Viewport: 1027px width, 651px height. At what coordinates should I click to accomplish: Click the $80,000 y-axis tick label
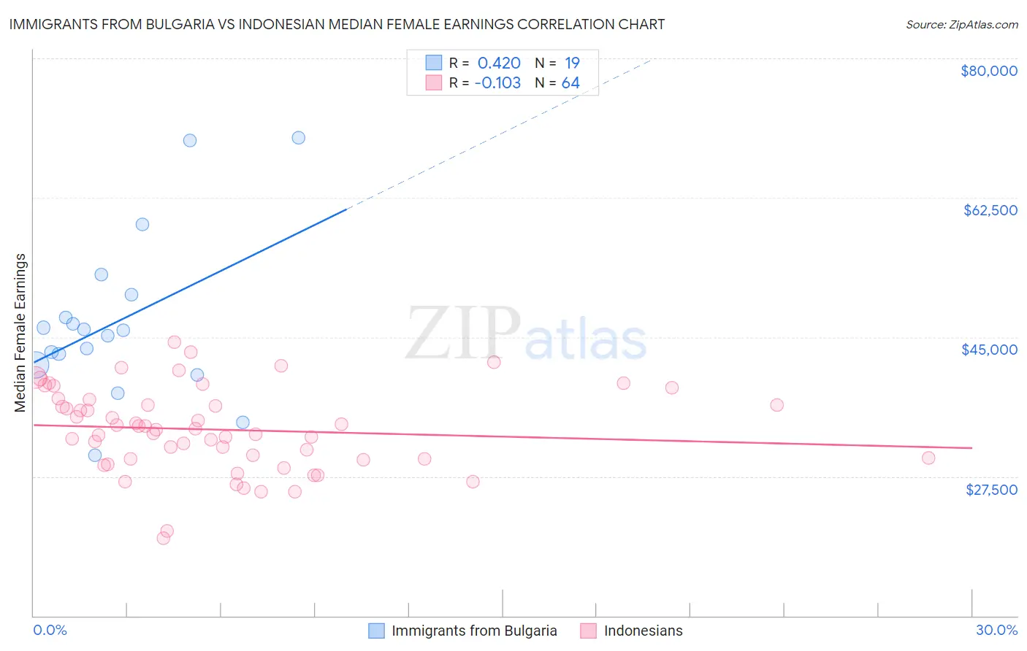pos(988,71)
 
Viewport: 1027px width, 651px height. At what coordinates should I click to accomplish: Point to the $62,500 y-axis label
pos(990,210)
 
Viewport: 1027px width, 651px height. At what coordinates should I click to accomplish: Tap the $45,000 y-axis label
pos(989,350)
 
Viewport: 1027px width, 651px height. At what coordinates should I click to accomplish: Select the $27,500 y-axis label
pos(991,490)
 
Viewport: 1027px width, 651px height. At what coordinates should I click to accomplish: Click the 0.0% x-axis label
pos(50,630)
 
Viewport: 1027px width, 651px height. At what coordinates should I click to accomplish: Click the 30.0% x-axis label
pos(996,630)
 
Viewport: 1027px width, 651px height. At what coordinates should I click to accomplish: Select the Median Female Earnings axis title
pos(20,333)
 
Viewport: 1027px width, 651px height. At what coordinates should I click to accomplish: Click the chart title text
pos(337,24)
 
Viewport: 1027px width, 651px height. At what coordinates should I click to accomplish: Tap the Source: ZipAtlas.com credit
pos(961,24)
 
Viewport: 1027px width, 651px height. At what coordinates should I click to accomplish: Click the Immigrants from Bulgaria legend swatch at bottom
pos(376,631)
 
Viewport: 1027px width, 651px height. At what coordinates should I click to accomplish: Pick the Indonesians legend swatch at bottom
pos(589,631)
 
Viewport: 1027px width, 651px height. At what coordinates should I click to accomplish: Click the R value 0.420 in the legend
pos(499,63)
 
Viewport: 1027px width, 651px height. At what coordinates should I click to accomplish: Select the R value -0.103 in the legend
pos(497,82)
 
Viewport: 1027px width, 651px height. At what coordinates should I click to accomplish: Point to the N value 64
pos(570,82)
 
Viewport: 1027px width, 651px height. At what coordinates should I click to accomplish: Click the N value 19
pos(572,63)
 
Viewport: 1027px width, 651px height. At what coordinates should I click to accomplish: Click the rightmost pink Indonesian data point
pos(928,458)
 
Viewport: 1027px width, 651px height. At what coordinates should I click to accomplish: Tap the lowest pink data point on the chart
pos(164,538)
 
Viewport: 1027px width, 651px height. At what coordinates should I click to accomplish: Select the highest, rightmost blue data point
pos(298,138)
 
